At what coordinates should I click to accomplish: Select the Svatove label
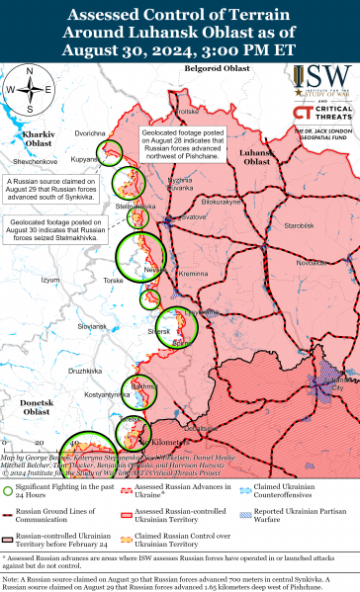click(193, 215)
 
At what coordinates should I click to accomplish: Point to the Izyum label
click(49, 280)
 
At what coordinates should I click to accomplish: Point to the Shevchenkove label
click(35, 160)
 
